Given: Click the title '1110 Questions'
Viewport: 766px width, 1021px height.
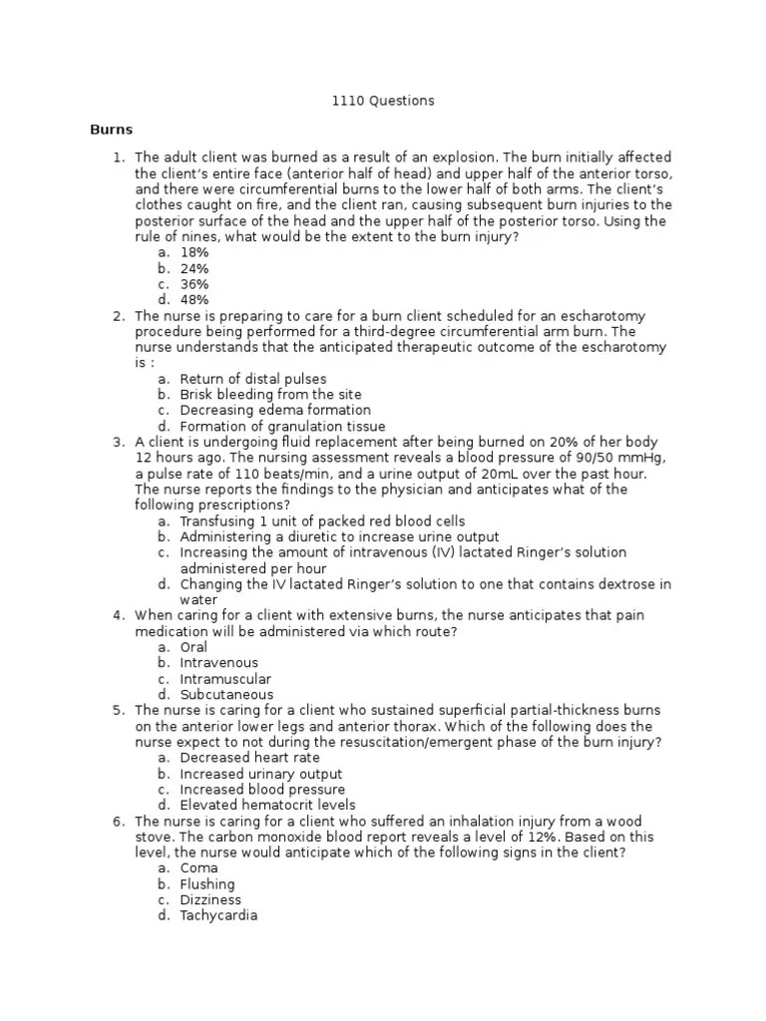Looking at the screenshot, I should click(x=383, y=101).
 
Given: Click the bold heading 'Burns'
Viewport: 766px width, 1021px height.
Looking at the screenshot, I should click(x=111, y=130).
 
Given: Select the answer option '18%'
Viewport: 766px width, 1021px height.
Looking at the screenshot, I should click(x=194, y=253).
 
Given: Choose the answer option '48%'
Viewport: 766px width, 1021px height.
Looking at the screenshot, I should click(x=194, y=300).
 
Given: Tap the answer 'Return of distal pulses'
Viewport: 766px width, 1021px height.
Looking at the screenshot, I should click(x=253, y=379).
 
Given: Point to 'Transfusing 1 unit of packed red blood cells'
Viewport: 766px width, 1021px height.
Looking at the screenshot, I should click(x=322, y=521).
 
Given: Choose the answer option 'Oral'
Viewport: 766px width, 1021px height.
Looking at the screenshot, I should click(x=193, y=647).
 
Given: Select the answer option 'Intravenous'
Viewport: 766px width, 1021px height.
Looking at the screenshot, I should click(x=218, y=663).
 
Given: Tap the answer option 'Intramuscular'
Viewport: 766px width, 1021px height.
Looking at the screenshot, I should click(x=225, y=679).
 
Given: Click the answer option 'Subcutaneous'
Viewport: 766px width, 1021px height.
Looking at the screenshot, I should click(x=226, y=695).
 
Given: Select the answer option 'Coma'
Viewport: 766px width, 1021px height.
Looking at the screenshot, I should click(x=198, y=868).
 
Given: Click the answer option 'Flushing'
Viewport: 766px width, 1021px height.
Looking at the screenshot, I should click(x=207, y=884).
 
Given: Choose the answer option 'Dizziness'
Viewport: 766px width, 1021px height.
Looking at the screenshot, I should click(x=210, y=899).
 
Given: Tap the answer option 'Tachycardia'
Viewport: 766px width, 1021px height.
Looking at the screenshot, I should click(x=218, y=915).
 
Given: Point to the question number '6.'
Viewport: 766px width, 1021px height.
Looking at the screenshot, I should click(x=118, y=821).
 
